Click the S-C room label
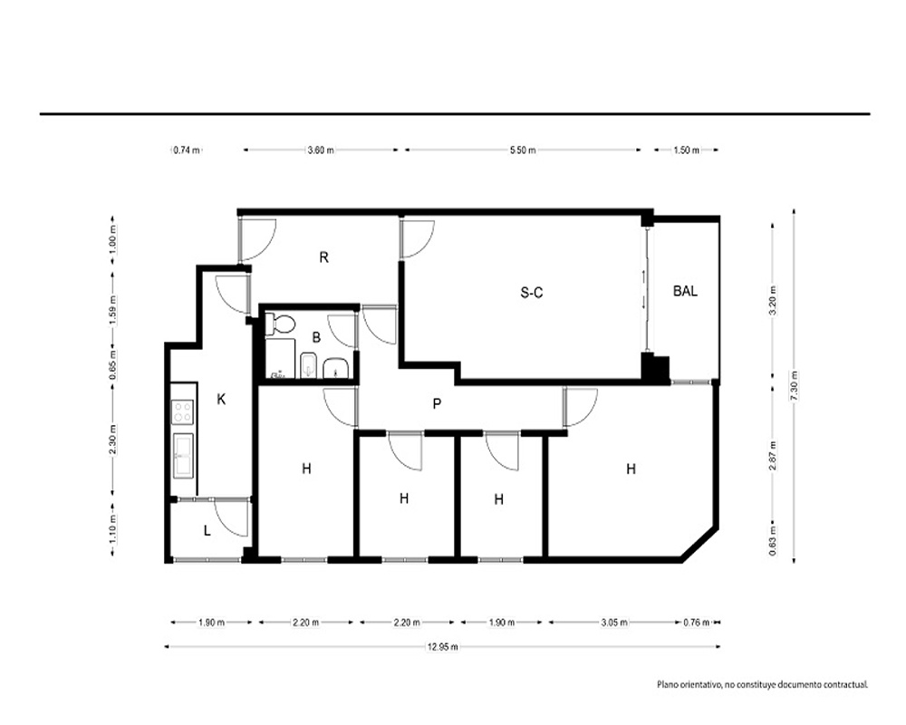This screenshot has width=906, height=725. coord(532,293)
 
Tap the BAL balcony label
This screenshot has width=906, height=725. coord(685,291)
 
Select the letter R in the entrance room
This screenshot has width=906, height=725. coord(324,257)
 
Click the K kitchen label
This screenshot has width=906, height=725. coord(221,399)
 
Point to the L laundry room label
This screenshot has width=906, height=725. coord(207,530)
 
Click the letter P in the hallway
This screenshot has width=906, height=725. coord(437,403)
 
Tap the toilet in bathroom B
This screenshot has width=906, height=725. coord(280,324)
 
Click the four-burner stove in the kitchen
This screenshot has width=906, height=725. coord(183,411)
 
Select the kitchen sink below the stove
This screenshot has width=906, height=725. coord(184,456)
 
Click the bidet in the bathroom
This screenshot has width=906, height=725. coord(309,364)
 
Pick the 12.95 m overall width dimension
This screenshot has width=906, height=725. coord(443,647)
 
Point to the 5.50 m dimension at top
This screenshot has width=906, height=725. coord(523,150)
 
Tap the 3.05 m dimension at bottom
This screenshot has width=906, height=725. coord(614,623)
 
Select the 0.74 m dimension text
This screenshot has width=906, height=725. coord(187,150)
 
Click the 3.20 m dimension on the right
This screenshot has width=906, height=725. coord(773,299)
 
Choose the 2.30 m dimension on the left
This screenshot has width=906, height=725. coord(112,440)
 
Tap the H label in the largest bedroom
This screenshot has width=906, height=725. coord(631,469)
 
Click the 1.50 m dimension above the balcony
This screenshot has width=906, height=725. coord(686,150)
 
